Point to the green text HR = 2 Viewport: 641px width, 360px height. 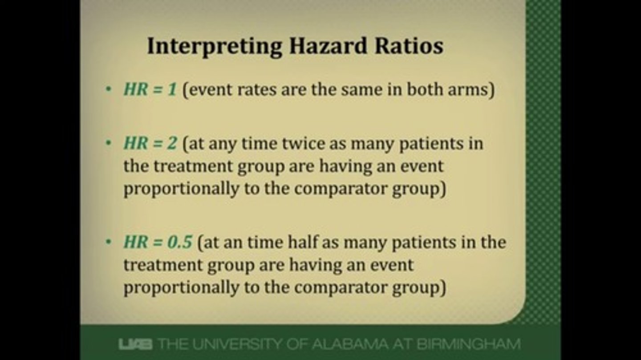tap(150, 144)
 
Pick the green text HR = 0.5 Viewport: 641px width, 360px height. tap(158, 243)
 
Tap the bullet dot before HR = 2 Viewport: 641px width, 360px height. tap(109, 144)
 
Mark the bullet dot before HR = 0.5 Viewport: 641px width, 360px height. tap(109, 243)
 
